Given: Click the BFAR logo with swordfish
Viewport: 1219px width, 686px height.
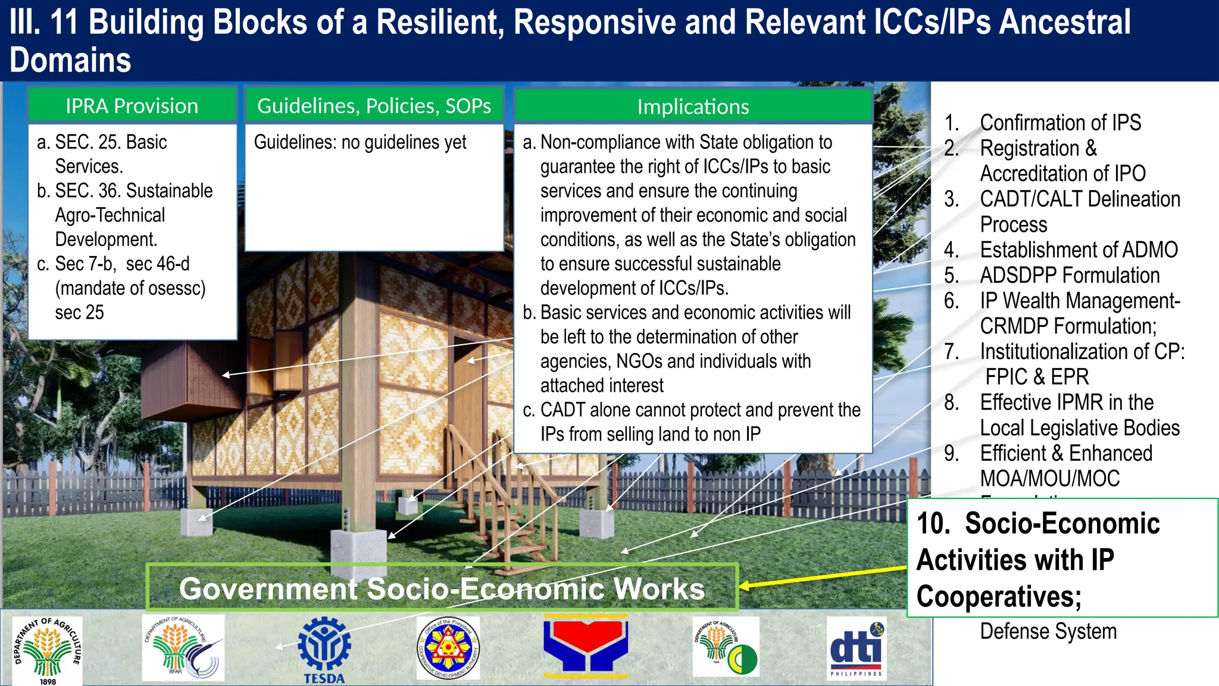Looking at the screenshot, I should [x=183, y=648].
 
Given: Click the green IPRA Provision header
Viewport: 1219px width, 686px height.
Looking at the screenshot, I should [x=132, y=106].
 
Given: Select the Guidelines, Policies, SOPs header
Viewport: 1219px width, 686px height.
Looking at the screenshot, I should [x=374, y=106].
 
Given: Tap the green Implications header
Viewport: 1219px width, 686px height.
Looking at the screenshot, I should [x=693, y=107].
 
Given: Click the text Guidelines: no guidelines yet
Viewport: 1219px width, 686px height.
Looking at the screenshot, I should [x=360, y=142].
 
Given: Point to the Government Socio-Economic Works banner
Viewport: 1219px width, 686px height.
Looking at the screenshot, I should [x=442, y=588].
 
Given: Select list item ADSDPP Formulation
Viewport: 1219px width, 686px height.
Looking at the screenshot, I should [x=1070, y=275].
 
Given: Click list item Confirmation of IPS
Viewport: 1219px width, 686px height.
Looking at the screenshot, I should [x=1060, y=123].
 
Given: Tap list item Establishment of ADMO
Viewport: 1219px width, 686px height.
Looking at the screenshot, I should [x=1079, y=250].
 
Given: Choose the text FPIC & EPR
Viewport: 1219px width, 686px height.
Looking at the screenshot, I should [x=1037, y=377].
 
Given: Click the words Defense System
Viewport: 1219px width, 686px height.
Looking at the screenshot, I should [x=1048, y=631].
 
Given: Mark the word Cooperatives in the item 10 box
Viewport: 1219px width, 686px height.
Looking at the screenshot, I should [x=999, y=596].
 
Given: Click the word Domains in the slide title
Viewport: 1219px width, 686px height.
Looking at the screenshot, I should [x=70, y=61].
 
